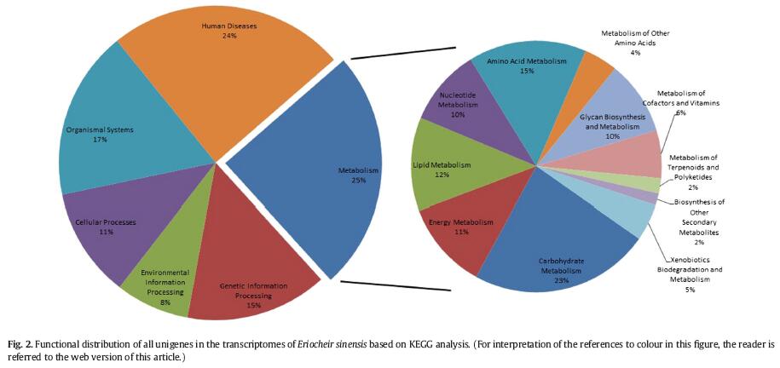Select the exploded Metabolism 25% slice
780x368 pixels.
(315, 179)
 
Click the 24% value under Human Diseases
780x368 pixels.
(229, 36)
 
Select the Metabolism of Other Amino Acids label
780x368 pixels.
(635, 43)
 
